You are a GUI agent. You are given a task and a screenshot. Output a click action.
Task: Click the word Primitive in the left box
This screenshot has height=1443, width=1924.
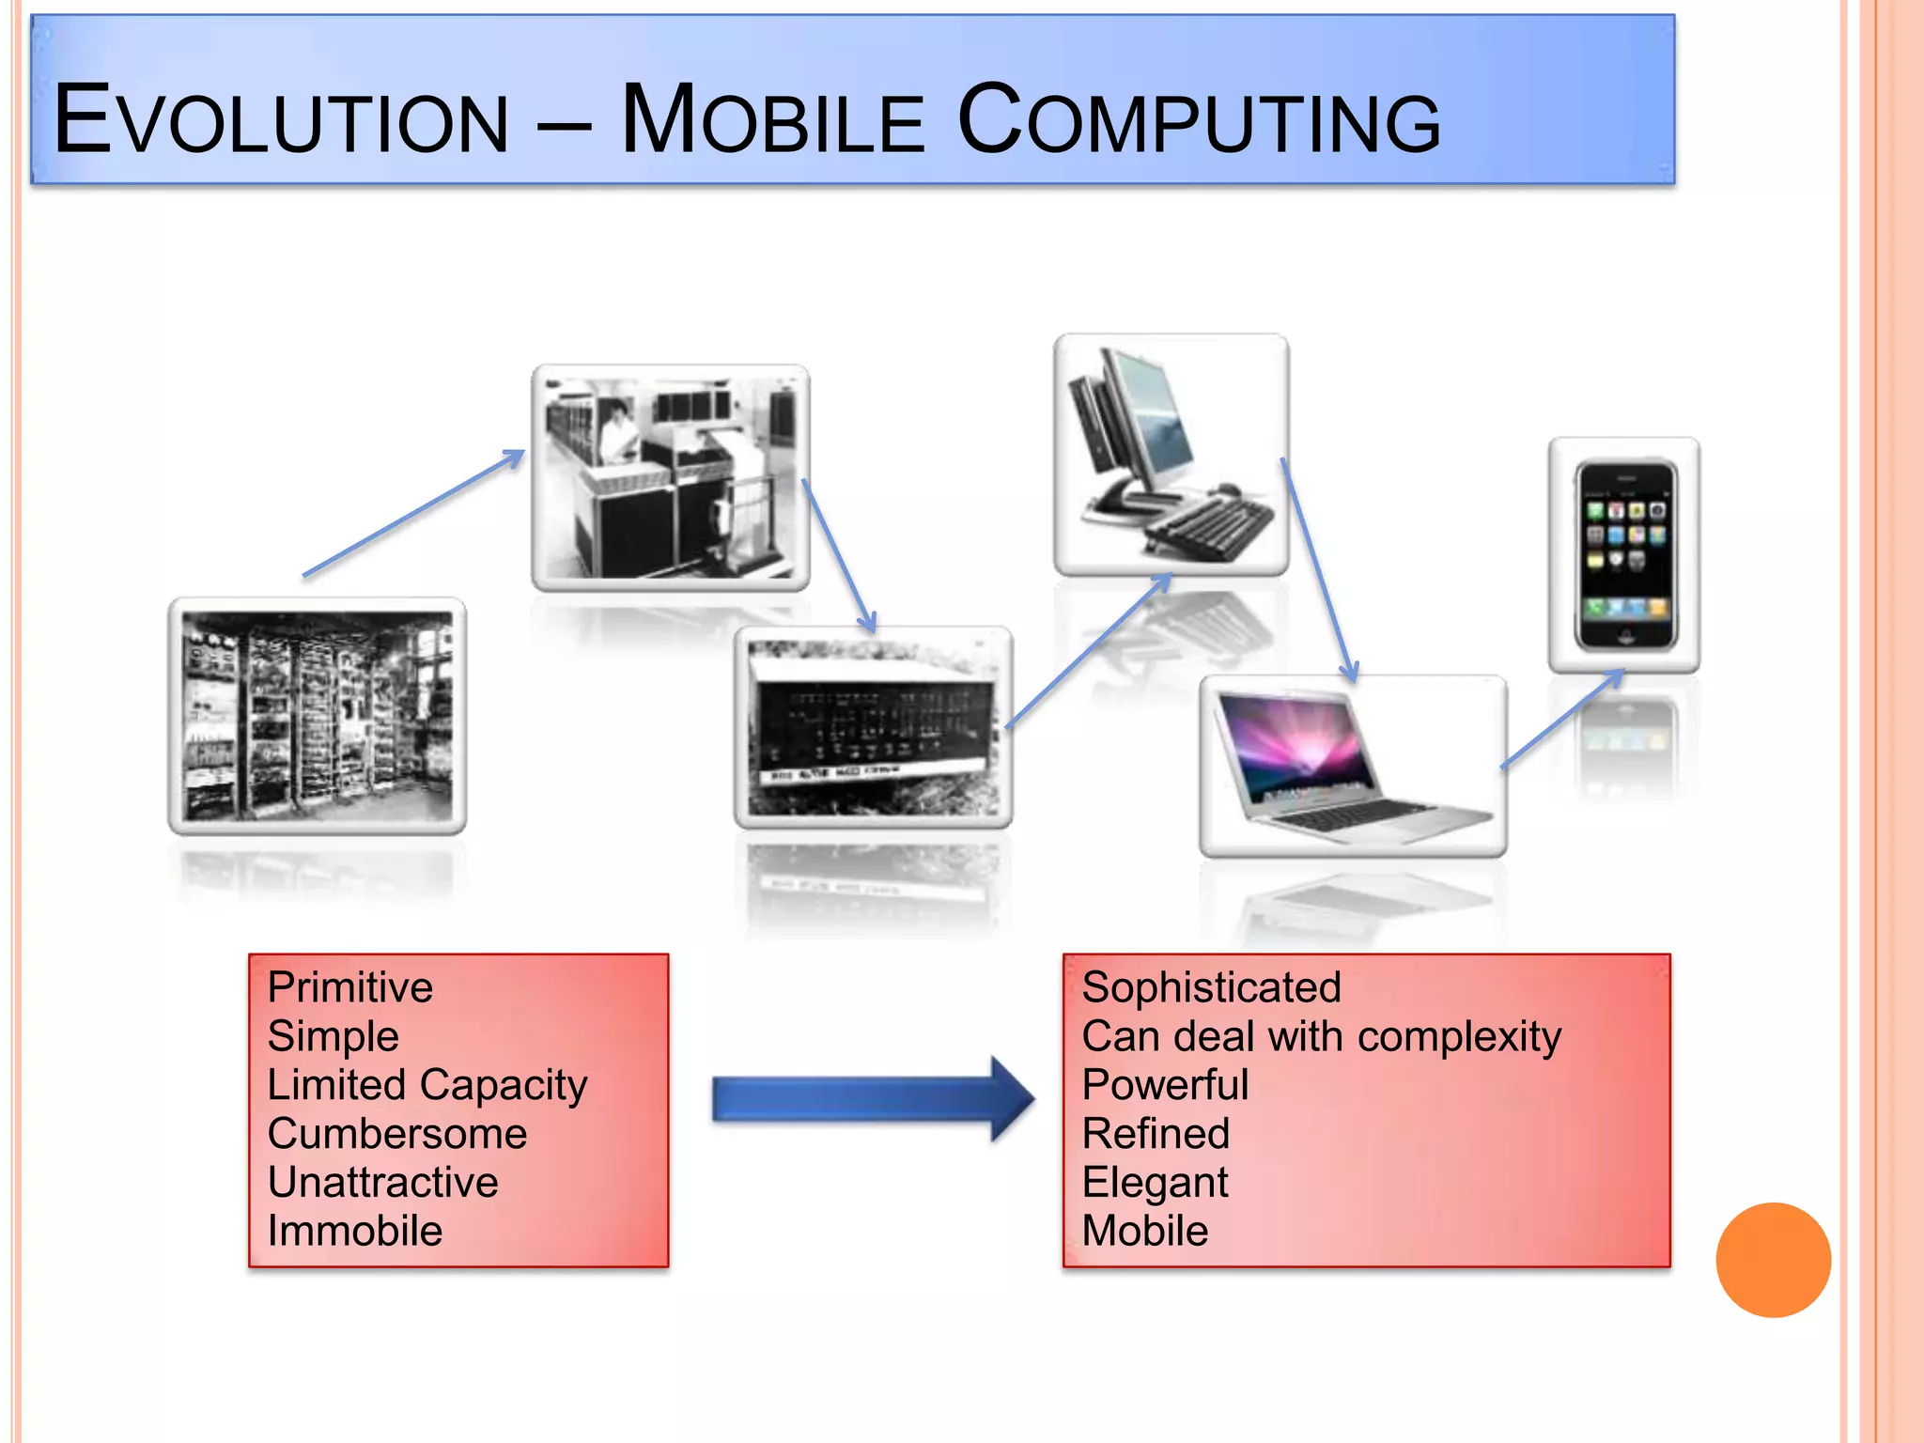tap(349, 987)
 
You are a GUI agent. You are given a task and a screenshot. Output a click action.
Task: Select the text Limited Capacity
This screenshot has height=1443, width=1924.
tap(427, 1085)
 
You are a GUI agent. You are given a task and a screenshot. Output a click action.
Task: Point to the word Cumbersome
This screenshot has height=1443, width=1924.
tap(396, 1134)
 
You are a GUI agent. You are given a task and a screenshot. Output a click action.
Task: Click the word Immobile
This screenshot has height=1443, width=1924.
tap(354, 1232)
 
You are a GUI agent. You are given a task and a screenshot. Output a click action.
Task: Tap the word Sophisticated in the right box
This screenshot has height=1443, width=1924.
tap(1210, 987)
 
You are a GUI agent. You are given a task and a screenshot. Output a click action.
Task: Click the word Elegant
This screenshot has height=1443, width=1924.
tap(1155, 1183)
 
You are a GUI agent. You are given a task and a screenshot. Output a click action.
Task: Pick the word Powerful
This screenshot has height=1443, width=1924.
tap(1165, 1085)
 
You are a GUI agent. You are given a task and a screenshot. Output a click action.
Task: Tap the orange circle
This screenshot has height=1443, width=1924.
tap(1773, 1260)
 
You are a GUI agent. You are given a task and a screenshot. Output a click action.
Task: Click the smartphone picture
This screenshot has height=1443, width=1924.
tap(1625, 555)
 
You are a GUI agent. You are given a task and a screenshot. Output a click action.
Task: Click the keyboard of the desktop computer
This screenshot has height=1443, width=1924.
tap(1212, 526)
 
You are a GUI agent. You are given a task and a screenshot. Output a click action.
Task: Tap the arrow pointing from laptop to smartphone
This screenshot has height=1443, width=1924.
tap(1561, 719)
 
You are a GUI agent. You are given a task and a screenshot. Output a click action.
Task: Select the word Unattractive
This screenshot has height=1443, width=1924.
tap(382, 1183)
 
